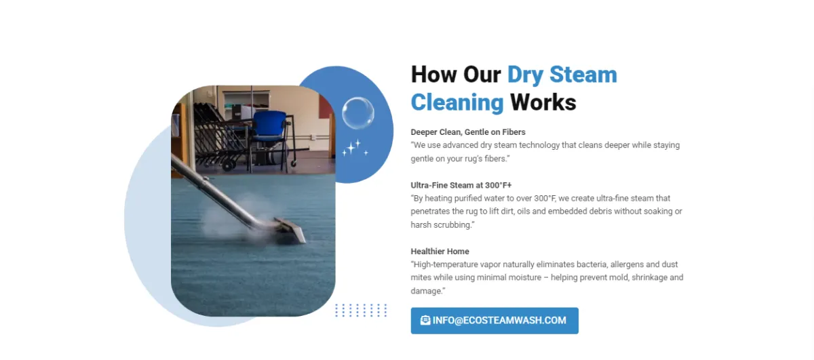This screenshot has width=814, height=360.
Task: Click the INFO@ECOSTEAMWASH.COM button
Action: [x=495, y=321]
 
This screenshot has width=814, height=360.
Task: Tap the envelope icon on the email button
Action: [x=425, y=320]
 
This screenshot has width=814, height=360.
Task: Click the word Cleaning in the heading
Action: [x=457, y=102]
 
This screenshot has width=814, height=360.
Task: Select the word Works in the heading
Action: [x=543, y=102]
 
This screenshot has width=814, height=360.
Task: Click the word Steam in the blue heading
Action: [x=583, y=75]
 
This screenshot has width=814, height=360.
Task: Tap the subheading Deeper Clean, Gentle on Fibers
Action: [x=468, y=132]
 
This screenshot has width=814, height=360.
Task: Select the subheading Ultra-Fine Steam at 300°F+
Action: [x=461, y=185]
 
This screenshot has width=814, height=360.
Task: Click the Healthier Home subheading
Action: [x=440, y=252]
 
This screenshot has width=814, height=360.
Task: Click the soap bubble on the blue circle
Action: [x=357, y=113]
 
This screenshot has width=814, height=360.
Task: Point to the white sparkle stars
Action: [x=355, y=148]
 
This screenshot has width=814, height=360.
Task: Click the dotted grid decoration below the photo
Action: [x=361, y=311]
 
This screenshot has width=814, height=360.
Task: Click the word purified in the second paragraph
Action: [x=474, y=199]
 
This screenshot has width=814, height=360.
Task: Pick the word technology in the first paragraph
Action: [x=539, y=145]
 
